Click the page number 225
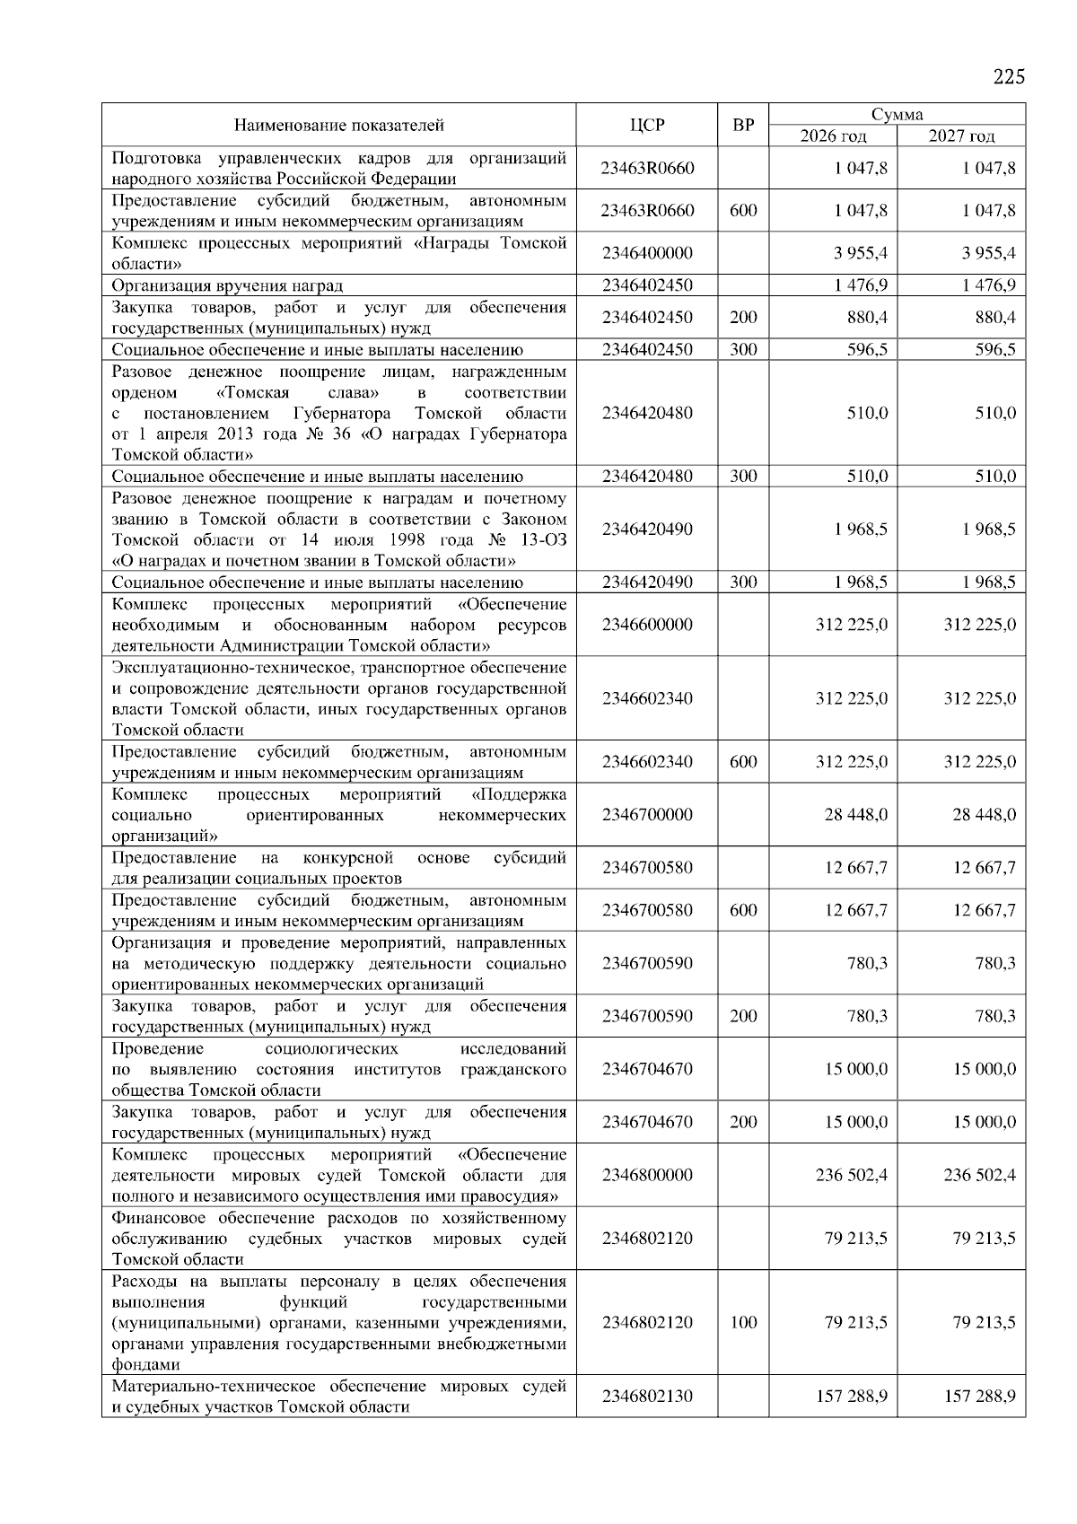1008,76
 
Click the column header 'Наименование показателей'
339,126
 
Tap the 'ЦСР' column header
647,126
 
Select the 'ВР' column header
743,126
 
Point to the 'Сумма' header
897,114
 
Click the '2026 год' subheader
834,136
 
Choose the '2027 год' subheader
961,136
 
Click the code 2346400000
647,253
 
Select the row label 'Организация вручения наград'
227,285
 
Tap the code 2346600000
647,624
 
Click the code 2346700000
647,815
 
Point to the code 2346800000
647,1175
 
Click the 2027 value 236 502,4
979,1175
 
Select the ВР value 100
743,1322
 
